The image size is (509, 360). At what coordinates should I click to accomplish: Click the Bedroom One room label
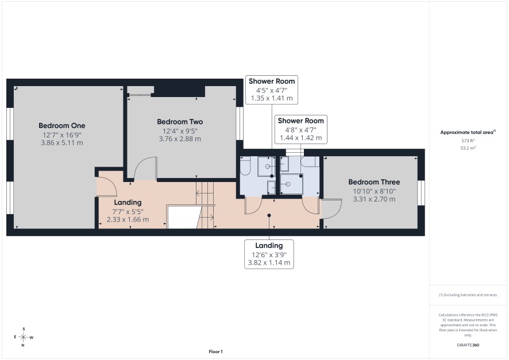pos(61,126)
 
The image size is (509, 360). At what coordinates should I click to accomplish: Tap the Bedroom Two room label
pos(180,122)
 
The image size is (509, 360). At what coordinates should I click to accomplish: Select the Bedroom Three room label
pos(374,182)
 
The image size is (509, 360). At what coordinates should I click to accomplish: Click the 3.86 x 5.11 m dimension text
pos(61,143)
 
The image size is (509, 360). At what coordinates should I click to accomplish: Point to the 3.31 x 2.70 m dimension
pos(374,199)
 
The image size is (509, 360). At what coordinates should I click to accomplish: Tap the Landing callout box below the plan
pos(269,254)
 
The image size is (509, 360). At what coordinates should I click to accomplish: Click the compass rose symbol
pos(24,337)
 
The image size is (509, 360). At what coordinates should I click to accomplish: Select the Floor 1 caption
pos(215,351)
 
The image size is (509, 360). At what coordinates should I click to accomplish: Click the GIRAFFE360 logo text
pos(468,345)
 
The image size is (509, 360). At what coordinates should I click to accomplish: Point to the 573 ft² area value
pos(468,141)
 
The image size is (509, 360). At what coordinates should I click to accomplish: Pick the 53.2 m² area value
pos(468,148)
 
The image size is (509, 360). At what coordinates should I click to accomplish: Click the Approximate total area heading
pos(468,132)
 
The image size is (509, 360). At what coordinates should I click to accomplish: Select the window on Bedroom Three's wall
pos(421,193)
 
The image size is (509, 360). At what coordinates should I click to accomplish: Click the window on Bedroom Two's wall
pos(240,123)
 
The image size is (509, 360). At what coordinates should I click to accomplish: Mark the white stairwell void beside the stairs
pos(182,216)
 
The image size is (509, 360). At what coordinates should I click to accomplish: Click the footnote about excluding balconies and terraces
pos(468,295)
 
